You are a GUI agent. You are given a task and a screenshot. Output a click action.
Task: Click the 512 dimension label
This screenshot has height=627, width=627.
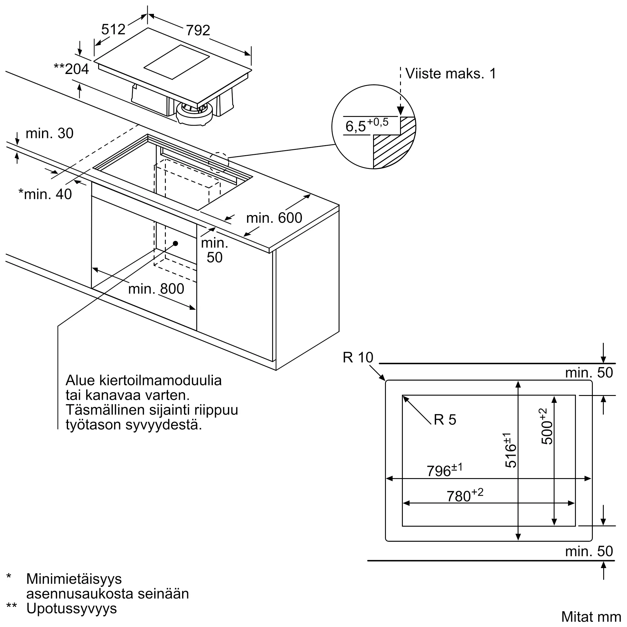point(113,29)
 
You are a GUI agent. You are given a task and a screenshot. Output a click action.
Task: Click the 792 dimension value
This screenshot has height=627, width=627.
point(198,30)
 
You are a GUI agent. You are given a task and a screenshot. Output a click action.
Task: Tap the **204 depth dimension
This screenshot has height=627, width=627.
point(71,69)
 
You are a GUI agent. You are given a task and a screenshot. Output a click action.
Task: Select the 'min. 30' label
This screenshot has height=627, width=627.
point(49,133)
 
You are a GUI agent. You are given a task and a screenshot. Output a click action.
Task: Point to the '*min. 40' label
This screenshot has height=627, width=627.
point(45,194)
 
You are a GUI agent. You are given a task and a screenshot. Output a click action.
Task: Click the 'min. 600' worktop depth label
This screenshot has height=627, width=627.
point(274,218)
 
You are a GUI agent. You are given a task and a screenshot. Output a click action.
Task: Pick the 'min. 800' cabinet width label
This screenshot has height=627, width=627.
point(156,288)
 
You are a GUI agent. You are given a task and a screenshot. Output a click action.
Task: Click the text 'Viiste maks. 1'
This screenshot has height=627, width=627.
point(451,74)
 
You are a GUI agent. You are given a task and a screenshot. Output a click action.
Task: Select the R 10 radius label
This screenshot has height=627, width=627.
point(358,358)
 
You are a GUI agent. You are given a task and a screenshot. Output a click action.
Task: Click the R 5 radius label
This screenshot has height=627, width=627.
point(445,420)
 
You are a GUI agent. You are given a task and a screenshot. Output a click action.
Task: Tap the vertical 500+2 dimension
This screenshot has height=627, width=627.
point(547,426)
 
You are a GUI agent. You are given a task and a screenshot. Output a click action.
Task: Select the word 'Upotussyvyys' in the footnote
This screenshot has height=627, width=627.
point(71,608)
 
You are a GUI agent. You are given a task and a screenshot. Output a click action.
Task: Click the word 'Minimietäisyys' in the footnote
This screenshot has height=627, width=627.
point(74,579)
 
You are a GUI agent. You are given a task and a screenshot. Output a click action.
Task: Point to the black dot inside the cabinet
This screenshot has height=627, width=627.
point(176,243)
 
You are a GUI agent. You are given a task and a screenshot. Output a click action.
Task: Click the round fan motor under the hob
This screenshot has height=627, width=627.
point(194,113)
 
